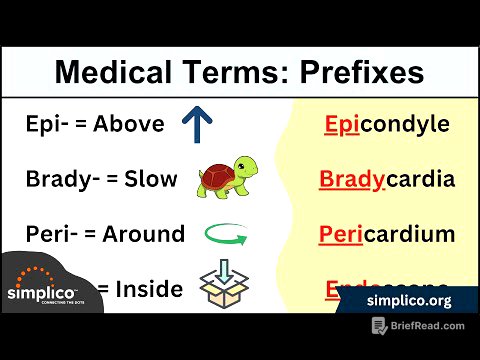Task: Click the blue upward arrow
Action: (x=198, y=125)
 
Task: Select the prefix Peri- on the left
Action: (x=53, y=235)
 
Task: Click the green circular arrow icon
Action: (x=225, y=236)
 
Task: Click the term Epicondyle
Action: (x=386, y=125)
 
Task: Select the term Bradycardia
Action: (x=386, y=180)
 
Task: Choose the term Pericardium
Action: (x=386, y=235)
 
